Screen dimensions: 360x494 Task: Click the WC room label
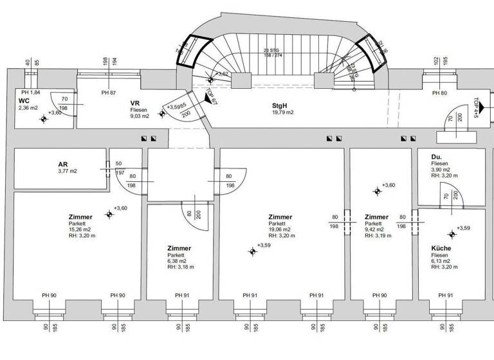point(24,102)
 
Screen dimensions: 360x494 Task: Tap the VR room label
point(135,103)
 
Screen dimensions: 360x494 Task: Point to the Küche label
point(441,248)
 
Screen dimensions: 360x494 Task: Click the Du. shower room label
point(437,156)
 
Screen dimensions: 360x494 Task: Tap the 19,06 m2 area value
point(280,230)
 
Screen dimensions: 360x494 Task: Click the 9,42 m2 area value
point(375,230)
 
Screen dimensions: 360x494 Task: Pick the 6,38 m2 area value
point(177,261)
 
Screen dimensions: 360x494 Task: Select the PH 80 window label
point(439,93)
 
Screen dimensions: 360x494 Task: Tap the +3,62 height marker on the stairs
point(223,74)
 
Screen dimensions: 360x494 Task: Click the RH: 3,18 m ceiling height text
point(180,267)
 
